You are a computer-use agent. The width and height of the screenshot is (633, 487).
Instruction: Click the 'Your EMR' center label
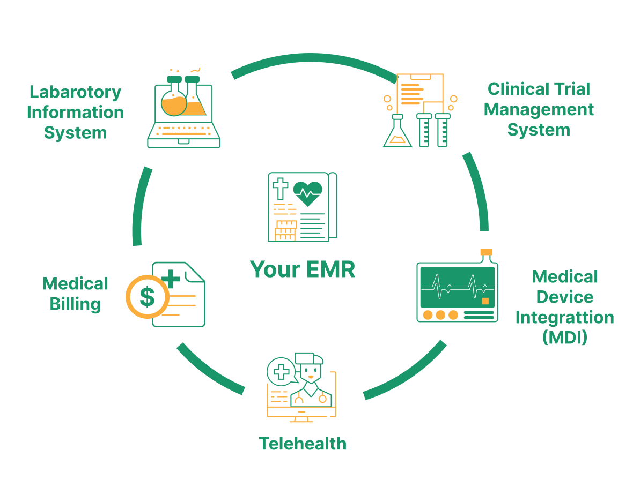(x=303, y=269)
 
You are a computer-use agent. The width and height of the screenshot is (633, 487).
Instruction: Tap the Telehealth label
(x=303, y=444)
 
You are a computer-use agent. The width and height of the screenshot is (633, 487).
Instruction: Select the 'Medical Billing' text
(x=75, y=294)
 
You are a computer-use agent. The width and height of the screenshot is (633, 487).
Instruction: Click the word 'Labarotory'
(x=75, y=92)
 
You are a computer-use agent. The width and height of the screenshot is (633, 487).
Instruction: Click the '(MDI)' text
(x=564, y=338)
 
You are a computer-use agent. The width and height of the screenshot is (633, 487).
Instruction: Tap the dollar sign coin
(x=146, y=297)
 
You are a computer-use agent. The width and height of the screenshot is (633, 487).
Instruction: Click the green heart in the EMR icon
(x=308, y=193)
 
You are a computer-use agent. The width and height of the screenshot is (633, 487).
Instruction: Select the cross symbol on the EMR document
(x=280, y=189)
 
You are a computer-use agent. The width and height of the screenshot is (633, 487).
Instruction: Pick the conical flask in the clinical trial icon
(x=398, y=133)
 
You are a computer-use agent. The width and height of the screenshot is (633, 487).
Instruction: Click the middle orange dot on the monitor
(x=440, y=315)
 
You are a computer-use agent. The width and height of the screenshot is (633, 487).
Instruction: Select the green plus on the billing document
(x=171, y=279)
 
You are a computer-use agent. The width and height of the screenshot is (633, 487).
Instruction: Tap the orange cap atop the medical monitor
(x=486, y=252)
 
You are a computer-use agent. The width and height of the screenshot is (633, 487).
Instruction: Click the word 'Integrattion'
(x=564, y=317)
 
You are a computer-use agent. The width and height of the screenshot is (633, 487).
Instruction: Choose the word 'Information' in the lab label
(x=75, y=112)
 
